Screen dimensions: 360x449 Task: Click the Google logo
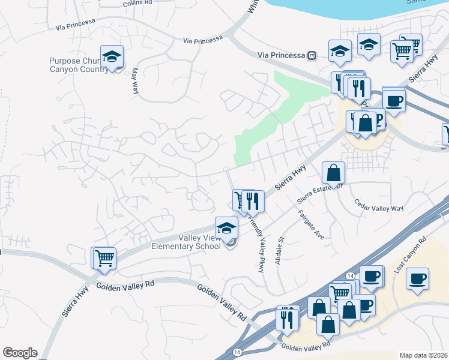(x=20, y=353)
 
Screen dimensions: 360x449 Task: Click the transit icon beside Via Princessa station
(x=312, y=55)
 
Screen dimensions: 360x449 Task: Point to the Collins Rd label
(x=139, y=4)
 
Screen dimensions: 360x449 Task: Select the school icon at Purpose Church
(x=112, y=56)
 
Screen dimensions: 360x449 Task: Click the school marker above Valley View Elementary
(x=227, y=228)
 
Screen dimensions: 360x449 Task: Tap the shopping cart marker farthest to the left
(x=103, y=258)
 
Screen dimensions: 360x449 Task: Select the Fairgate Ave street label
(x=311, y=224)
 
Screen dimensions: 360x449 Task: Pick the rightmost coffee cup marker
(x=417, y=278)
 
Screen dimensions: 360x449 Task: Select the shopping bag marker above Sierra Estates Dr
(x=334, y=173)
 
